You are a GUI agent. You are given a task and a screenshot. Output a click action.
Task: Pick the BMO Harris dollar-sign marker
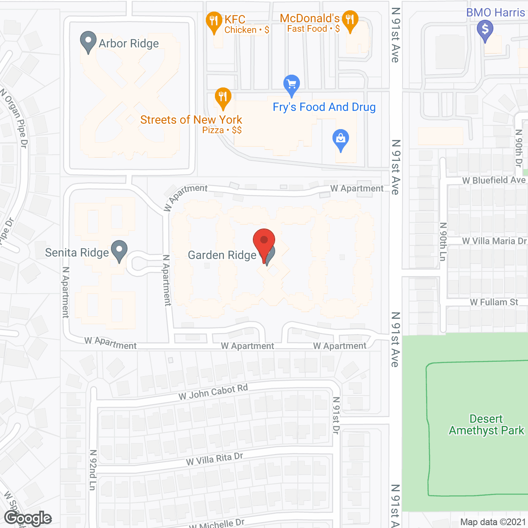pyautogui.click(x=485, y=30)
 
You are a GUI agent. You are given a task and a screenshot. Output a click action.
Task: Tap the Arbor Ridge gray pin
pyautogui.click(x=88, y=41)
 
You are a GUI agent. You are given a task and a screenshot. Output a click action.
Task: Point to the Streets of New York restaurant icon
pyautogui.click(x=223, y=98)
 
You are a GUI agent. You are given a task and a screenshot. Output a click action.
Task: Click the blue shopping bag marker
pyautogui.click(x=341, y=139)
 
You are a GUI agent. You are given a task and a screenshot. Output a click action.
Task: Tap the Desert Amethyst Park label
pyautogui.click(x=486, y=424)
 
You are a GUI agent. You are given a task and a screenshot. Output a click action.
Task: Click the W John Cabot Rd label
pyautogui.click(x=213, y=392)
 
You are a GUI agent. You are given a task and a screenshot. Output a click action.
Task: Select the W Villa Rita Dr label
pyautogui.click(x=214, y=459)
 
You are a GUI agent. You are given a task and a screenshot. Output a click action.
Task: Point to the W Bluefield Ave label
pyautogui.click(x=494, y=180)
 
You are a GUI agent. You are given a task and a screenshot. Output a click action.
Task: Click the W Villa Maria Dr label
pyautogui.click(x=494, y=241)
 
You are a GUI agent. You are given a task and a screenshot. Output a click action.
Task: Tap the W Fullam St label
pyautogui.click(x=494, y=302)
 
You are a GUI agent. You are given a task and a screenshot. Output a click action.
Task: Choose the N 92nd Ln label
pyautogui.click(x=93, y=470)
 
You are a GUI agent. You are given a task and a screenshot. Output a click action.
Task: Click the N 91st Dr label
pyautogui.click(x=336, y=415)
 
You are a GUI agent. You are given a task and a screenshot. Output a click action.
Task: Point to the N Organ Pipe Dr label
pyautogui.click(x=15, y=118)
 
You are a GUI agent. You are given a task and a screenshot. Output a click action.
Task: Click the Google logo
pyautogui.click(x=28, y=518)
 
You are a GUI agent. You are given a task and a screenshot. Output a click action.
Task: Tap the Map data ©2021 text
pyautogui.click(x=493, y=522)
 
